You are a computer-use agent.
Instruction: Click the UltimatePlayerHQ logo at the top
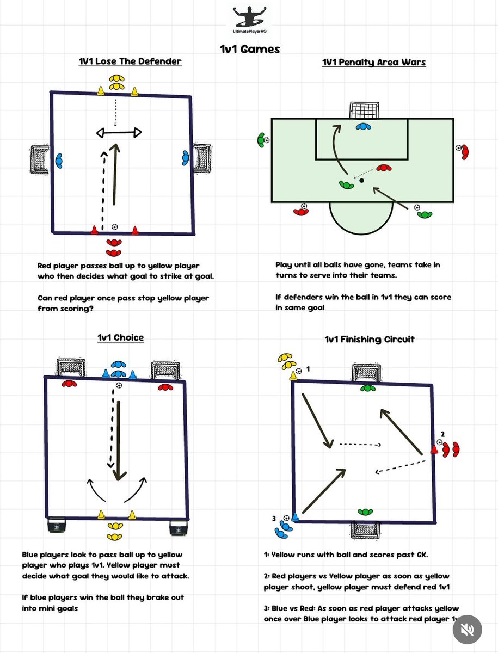(250, 20)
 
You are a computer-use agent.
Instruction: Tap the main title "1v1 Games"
(250, 49)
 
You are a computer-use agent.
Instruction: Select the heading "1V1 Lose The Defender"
(130, 61)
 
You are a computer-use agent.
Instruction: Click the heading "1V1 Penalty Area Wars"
(374, 62)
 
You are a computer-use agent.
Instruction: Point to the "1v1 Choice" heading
(120, 337)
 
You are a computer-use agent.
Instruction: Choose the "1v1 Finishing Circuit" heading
(370, 339)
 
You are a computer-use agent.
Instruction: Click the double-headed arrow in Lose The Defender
(119, 133)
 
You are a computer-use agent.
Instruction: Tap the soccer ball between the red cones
(114, 227)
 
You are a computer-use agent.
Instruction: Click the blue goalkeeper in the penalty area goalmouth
(363, 127)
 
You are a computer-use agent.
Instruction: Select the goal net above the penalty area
(364, 110)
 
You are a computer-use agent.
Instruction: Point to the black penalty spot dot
(361, 180)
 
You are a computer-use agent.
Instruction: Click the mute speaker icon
(467, 630)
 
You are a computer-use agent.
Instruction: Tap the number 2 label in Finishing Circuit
(442, 434)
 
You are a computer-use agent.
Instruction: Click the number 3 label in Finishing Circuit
(274, 519)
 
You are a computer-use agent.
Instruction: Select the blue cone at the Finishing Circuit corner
(295, 517)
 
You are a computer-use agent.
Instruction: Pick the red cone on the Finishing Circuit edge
(434, 449)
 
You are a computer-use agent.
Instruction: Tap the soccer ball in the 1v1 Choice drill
(119, 385)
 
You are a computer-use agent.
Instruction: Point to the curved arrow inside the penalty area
(335, 149)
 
